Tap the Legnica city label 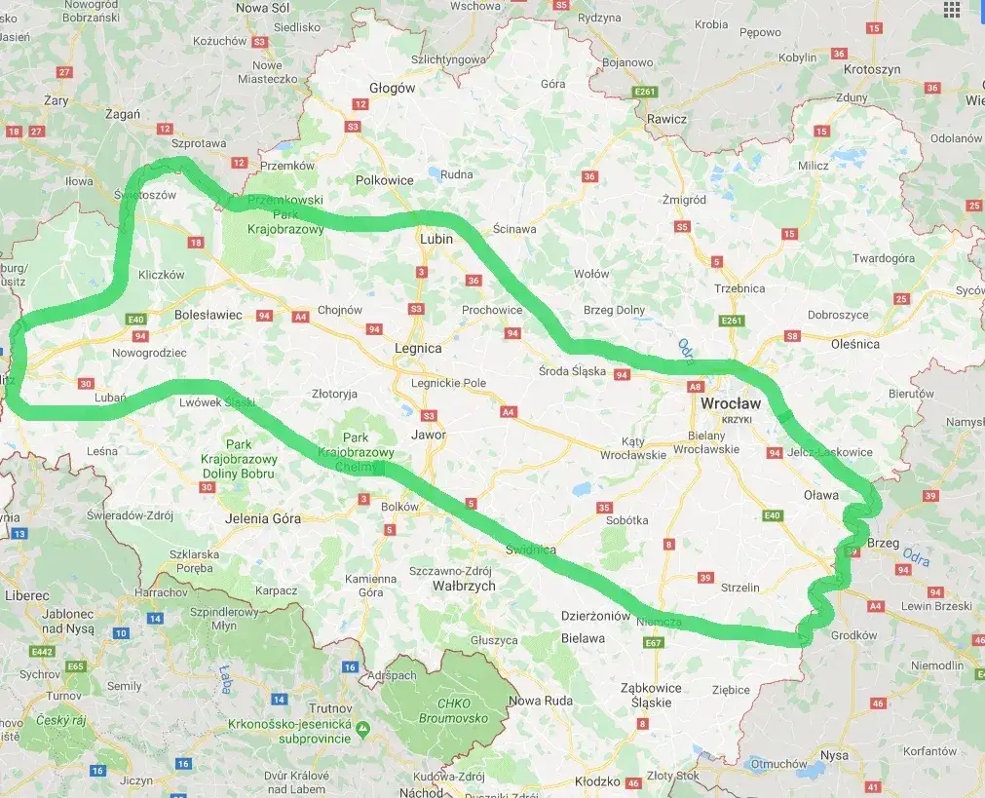point(418,348)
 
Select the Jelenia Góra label point(262,518)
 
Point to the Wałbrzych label point(464,586)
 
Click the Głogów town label point(393,88)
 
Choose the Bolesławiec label point(208,315)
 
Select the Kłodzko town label point(597,781)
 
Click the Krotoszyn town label point(872,71)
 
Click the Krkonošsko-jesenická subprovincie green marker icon point(362,728)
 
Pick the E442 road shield point(42,652)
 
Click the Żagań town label point(122,114)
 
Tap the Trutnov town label point(302,708)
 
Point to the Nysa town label point(835,755)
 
